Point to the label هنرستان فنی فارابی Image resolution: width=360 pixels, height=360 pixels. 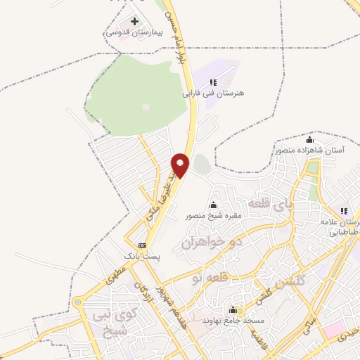tap(212, 93)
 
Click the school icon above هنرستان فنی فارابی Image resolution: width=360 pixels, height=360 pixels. tap(213, 82)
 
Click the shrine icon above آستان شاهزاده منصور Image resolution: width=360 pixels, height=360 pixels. tap(310, 139)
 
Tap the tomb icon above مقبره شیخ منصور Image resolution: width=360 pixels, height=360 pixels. tap(213, 205)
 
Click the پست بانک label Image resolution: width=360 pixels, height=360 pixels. tap(142, 257)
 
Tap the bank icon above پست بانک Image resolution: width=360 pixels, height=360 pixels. tap(143, 245)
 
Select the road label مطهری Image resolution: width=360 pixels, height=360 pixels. tap(116, 277)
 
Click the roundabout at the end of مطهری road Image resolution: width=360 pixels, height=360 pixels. tap(77, 303)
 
